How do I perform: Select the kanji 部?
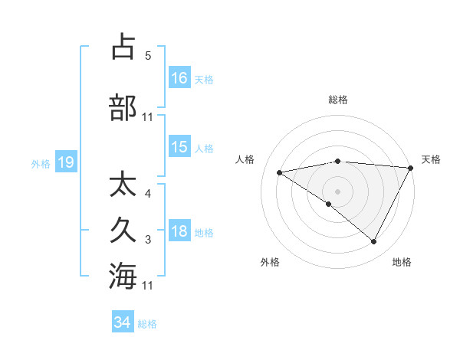(123, 107)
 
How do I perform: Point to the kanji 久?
(123, 230)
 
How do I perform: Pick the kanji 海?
(123, 275)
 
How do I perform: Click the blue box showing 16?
(179, 78)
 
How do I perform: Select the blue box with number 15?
(179, 148)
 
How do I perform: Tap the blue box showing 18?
(179, 231)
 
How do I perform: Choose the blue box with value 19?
(65, 162)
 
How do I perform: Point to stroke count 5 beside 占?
(147, 56)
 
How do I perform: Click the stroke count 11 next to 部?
(148, 117)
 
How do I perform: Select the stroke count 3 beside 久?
(148, 241)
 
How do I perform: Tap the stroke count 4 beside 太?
(148, 194)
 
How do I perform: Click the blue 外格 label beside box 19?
(41, 163)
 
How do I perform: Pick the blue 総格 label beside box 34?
(148, 324)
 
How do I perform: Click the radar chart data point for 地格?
(374, 242)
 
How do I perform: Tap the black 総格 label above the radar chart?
(338, 100)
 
